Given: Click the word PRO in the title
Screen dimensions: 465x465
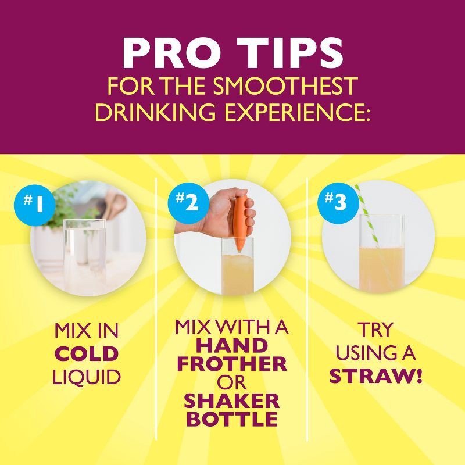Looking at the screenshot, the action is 172,53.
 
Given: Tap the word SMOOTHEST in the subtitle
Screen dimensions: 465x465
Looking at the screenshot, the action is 285,85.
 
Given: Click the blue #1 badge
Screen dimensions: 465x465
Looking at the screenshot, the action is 34,205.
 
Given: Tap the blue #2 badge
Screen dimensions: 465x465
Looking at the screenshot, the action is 188,203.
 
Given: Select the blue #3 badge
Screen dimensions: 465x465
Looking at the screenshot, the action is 338,202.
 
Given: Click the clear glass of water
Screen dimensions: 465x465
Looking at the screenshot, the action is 84,255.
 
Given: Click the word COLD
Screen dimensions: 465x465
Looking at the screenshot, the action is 87,354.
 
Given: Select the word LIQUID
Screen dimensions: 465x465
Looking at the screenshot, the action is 87,377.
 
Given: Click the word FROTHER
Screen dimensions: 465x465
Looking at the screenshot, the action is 232,364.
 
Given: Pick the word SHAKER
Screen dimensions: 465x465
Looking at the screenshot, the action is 232,401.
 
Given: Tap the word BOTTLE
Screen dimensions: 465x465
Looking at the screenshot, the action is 233,419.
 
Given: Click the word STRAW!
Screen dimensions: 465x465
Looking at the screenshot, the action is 375,376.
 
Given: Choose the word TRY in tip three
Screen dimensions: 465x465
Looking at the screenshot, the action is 375,330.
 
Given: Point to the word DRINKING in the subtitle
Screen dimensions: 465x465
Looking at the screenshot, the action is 155,112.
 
